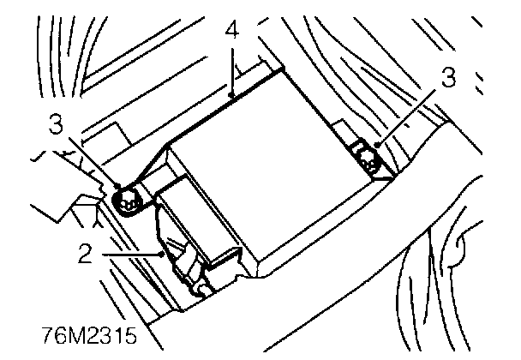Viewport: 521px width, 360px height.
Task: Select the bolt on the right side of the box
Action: click(371, 159)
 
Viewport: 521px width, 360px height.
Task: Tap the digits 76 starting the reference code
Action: click(52, 334)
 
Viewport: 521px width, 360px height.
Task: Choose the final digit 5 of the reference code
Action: click(131, 334)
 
